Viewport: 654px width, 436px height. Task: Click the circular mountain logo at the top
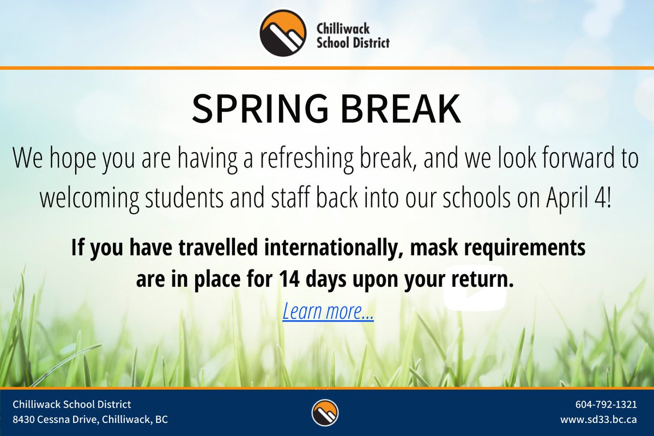[282, 33]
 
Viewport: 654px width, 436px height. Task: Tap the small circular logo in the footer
[325, 413]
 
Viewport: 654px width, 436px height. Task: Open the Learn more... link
[328, 312]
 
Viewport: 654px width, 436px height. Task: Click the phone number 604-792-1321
[606, 404]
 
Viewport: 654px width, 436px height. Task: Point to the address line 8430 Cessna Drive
[90, 420]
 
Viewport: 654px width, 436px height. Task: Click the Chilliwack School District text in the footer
[72, 404]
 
